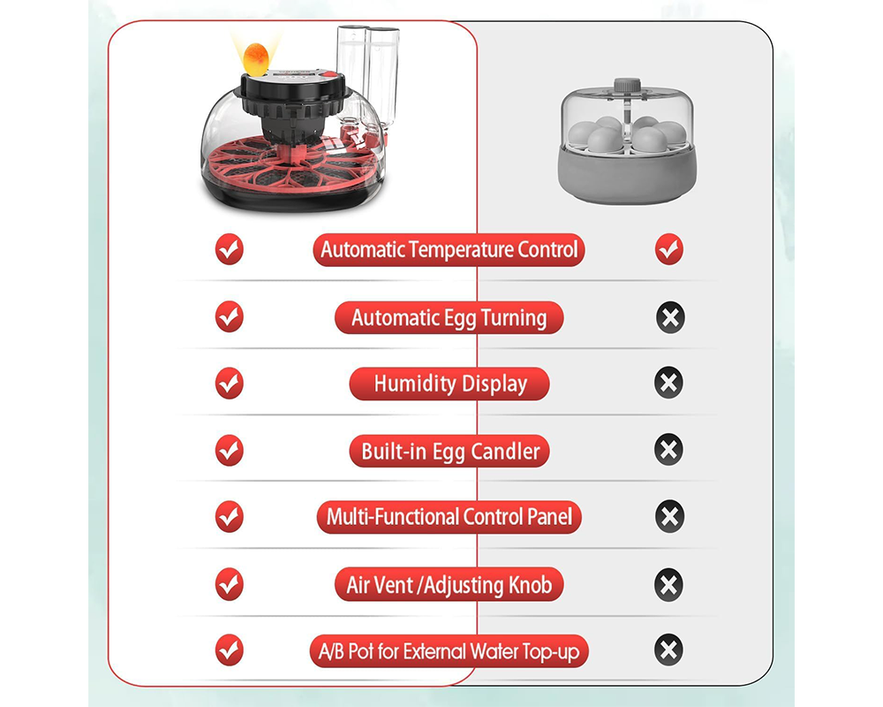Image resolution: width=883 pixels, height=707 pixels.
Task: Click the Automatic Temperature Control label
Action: pos(449,249)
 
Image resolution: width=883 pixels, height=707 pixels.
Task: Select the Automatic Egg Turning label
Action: pos(449,317)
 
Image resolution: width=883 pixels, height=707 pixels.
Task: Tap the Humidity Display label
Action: pos(449,384)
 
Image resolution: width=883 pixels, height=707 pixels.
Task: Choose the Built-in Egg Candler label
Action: pos(449,452)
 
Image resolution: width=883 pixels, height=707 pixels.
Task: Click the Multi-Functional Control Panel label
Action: pos(449,517)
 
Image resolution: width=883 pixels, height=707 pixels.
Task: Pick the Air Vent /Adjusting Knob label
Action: pos(449,584)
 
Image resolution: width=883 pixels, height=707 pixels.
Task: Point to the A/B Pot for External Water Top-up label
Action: pos(449,652)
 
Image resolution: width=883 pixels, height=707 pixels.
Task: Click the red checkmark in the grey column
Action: pos(669,249)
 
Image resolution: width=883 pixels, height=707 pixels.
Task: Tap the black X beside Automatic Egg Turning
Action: pos(669,316)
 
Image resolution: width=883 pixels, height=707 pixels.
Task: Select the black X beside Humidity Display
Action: pos(669,384)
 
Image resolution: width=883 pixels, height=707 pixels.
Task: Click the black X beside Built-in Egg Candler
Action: pos(669,451)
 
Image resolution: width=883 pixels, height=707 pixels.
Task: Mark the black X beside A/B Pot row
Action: pos(669,651)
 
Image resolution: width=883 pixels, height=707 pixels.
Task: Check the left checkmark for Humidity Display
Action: pos(230,384)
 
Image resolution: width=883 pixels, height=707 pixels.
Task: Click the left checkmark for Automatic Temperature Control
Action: pos(230,249)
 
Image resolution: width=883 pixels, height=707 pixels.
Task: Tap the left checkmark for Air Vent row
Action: pos(230,584)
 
